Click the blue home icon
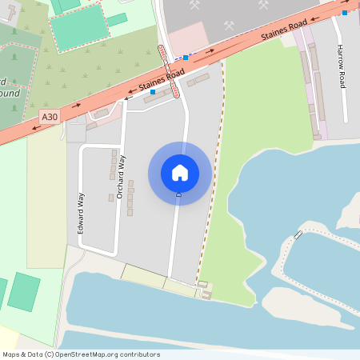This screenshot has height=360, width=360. click(x=180, y=173)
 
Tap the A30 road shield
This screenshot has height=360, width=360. click(x=50, y=117)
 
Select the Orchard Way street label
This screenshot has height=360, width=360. click(x=122, y=176)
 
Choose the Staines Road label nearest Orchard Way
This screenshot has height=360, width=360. click(x=156, y=82)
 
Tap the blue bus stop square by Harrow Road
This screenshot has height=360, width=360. click(x=344, y=13)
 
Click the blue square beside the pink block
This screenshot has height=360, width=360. click(x=186, y=58)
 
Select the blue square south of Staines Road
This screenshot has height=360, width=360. click(x=153, y=92)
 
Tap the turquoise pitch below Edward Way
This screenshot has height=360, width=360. click(x=23, y=292)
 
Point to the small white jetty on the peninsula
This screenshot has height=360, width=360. click(x=298, y=234)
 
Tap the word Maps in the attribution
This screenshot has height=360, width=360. click(x=12, y=354)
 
